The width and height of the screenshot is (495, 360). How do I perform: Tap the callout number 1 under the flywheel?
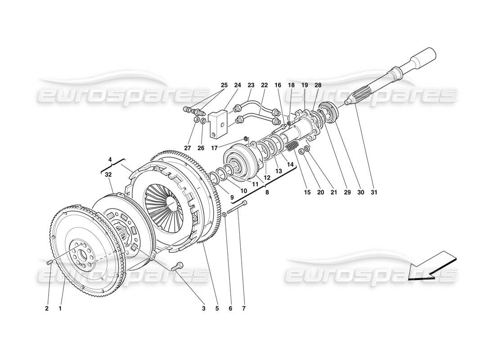60,309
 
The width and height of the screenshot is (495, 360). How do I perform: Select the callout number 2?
47,309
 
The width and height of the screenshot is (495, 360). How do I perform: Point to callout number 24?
238,85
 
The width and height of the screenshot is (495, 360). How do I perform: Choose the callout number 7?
244,309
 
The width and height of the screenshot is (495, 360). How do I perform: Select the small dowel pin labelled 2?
50,262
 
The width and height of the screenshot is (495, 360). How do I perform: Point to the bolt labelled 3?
177,267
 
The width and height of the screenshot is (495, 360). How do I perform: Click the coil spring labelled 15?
292,147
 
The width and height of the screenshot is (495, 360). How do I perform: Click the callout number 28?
318,85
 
